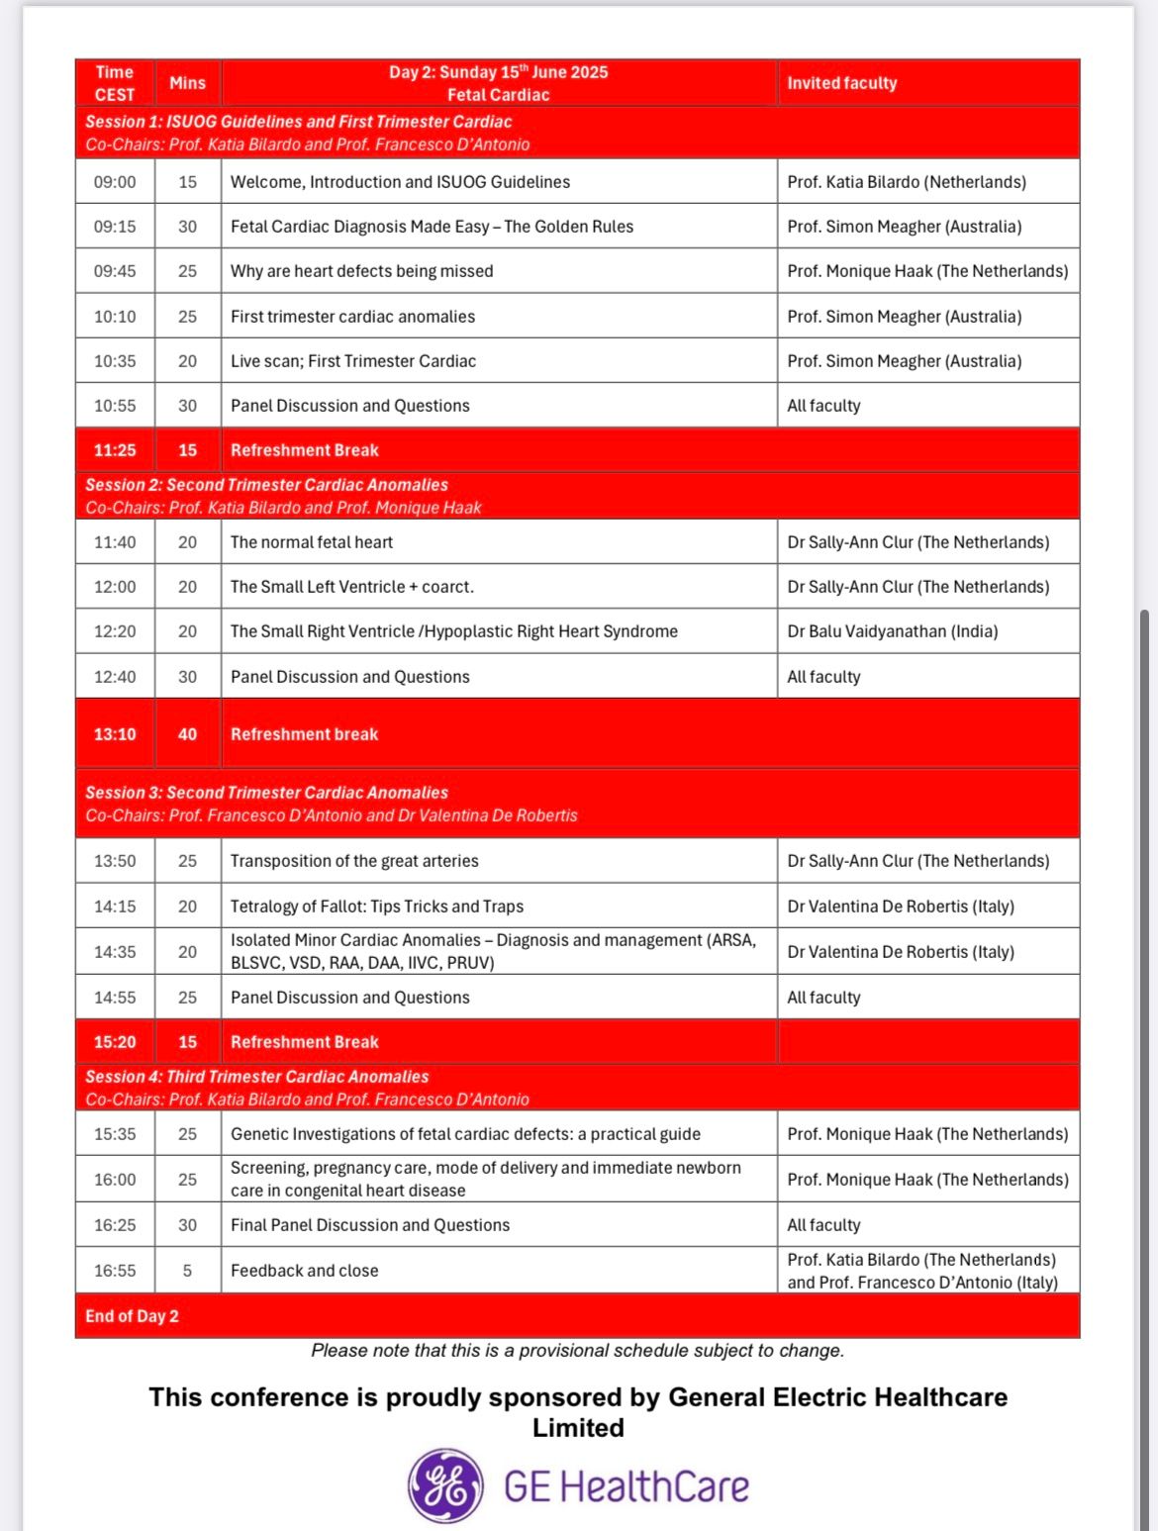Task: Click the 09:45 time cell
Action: pyautogui.click(x=115, y=271)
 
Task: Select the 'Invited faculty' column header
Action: pyautogui.click(x=841, y=83)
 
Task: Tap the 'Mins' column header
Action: pyautogui.click(x=187, y=83)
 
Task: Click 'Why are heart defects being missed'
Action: pyautogui.click(x=361, y=271)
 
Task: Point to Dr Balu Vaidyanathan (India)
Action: pyautogui.click(x=892, y=631)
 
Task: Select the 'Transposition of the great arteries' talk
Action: pyautogui.click(x=354, y=861)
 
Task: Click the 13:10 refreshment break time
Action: pyautogui.click(x=115, y=734)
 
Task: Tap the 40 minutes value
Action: pyautogui.click(x=187, y=734)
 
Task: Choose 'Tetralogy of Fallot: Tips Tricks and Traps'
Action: pyautogui.click(x=377, y=907)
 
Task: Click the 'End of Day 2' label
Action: pyautogui.click(x=132, y=1316)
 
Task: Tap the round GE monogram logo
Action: pyautogui.click(x=446, y=1485)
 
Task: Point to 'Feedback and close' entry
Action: pyautogui.click(x=304, y=1271)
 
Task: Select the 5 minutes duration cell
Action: pyautogui.click(x=187, y=1271)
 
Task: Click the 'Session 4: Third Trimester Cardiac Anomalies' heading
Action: pyautogui.click(x=257, y=1077)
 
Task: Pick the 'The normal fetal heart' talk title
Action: pyautogui.click(x=312, y=542)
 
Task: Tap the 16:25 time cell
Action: pyautogui.click(x=115, y=1225)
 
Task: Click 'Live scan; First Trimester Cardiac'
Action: pyautogui.click(x=353, y=361)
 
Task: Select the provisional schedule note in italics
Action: pyautogui.click(x=577, y=1351)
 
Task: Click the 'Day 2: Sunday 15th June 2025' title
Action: pyautogui.click(x=498, y=72)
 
